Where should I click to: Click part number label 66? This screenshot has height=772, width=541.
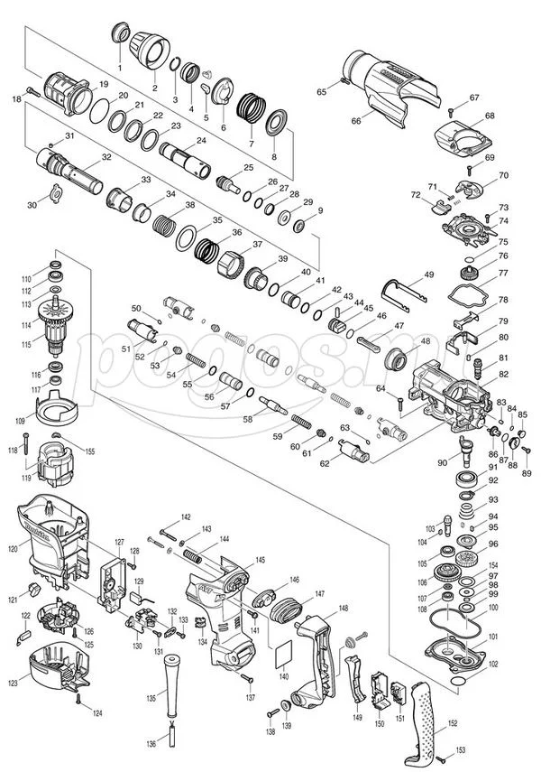tap(356, 121)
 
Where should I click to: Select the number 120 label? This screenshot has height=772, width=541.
tap(13, 547)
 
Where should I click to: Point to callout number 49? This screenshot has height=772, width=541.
tap(429, 274)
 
